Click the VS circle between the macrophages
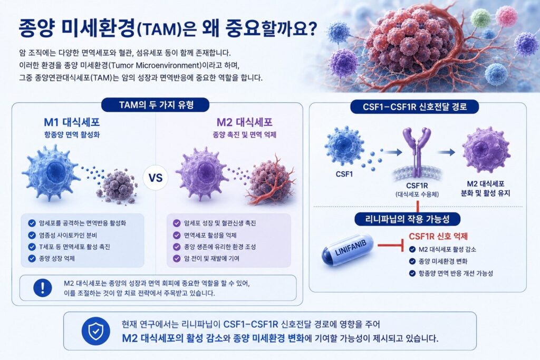(x=156, y=178)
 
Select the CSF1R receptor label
(x=417, y=186)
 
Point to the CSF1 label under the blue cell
(x=344, y=174)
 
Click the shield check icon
(x=96, y=331)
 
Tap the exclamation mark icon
(x=42, y=287)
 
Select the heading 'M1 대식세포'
(x=72, y=122)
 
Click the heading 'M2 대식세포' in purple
(x=244, y=122)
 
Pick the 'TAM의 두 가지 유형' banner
(x=156, y=105)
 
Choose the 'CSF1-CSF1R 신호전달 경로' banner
(x=414, y=106)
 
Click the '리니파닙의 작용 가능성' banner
(x=407, y=219)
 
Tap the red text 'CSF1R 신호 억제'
(x=438, y=237)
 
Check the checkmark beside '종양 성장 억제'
(x=32, y=258)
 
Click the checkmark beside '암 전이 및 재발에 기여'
(x=177, y=258)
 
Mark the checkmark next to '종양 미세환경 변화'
(x=412, y=261)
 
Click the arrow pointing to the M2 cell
(x=446, y=152)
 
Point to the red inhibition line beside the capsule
(x=391, y=246)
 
